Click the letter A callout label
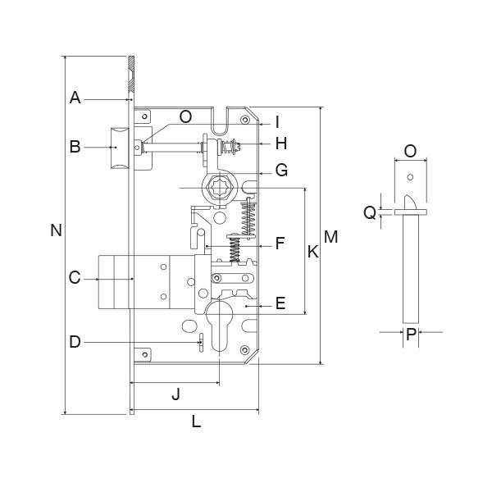point(75,98)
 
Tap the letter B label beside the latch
point(75,147)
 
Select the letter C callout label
point(75,278)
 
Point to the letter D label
point(75,342)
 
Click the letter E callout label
point(280,303)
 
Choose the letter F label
point(280,244)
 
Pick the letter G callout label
point(281,171)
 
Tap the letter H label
point(281,143)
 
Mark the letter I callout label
point(277,122)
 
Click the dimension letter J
point(176,394)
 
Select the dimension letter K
point(313,252)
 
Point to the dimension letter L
point(196,421)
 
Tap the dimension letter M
point(330,237)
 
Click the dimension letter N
point(56,230)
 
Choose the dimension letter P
point(411,335)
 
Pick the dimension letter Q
point(370,212)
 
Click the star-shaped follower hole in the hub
point(219,188)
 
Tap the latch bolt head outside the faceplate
point(120,148)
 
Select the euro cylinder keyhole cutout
point(219,326)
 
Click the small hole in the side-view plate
point(410,177)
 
